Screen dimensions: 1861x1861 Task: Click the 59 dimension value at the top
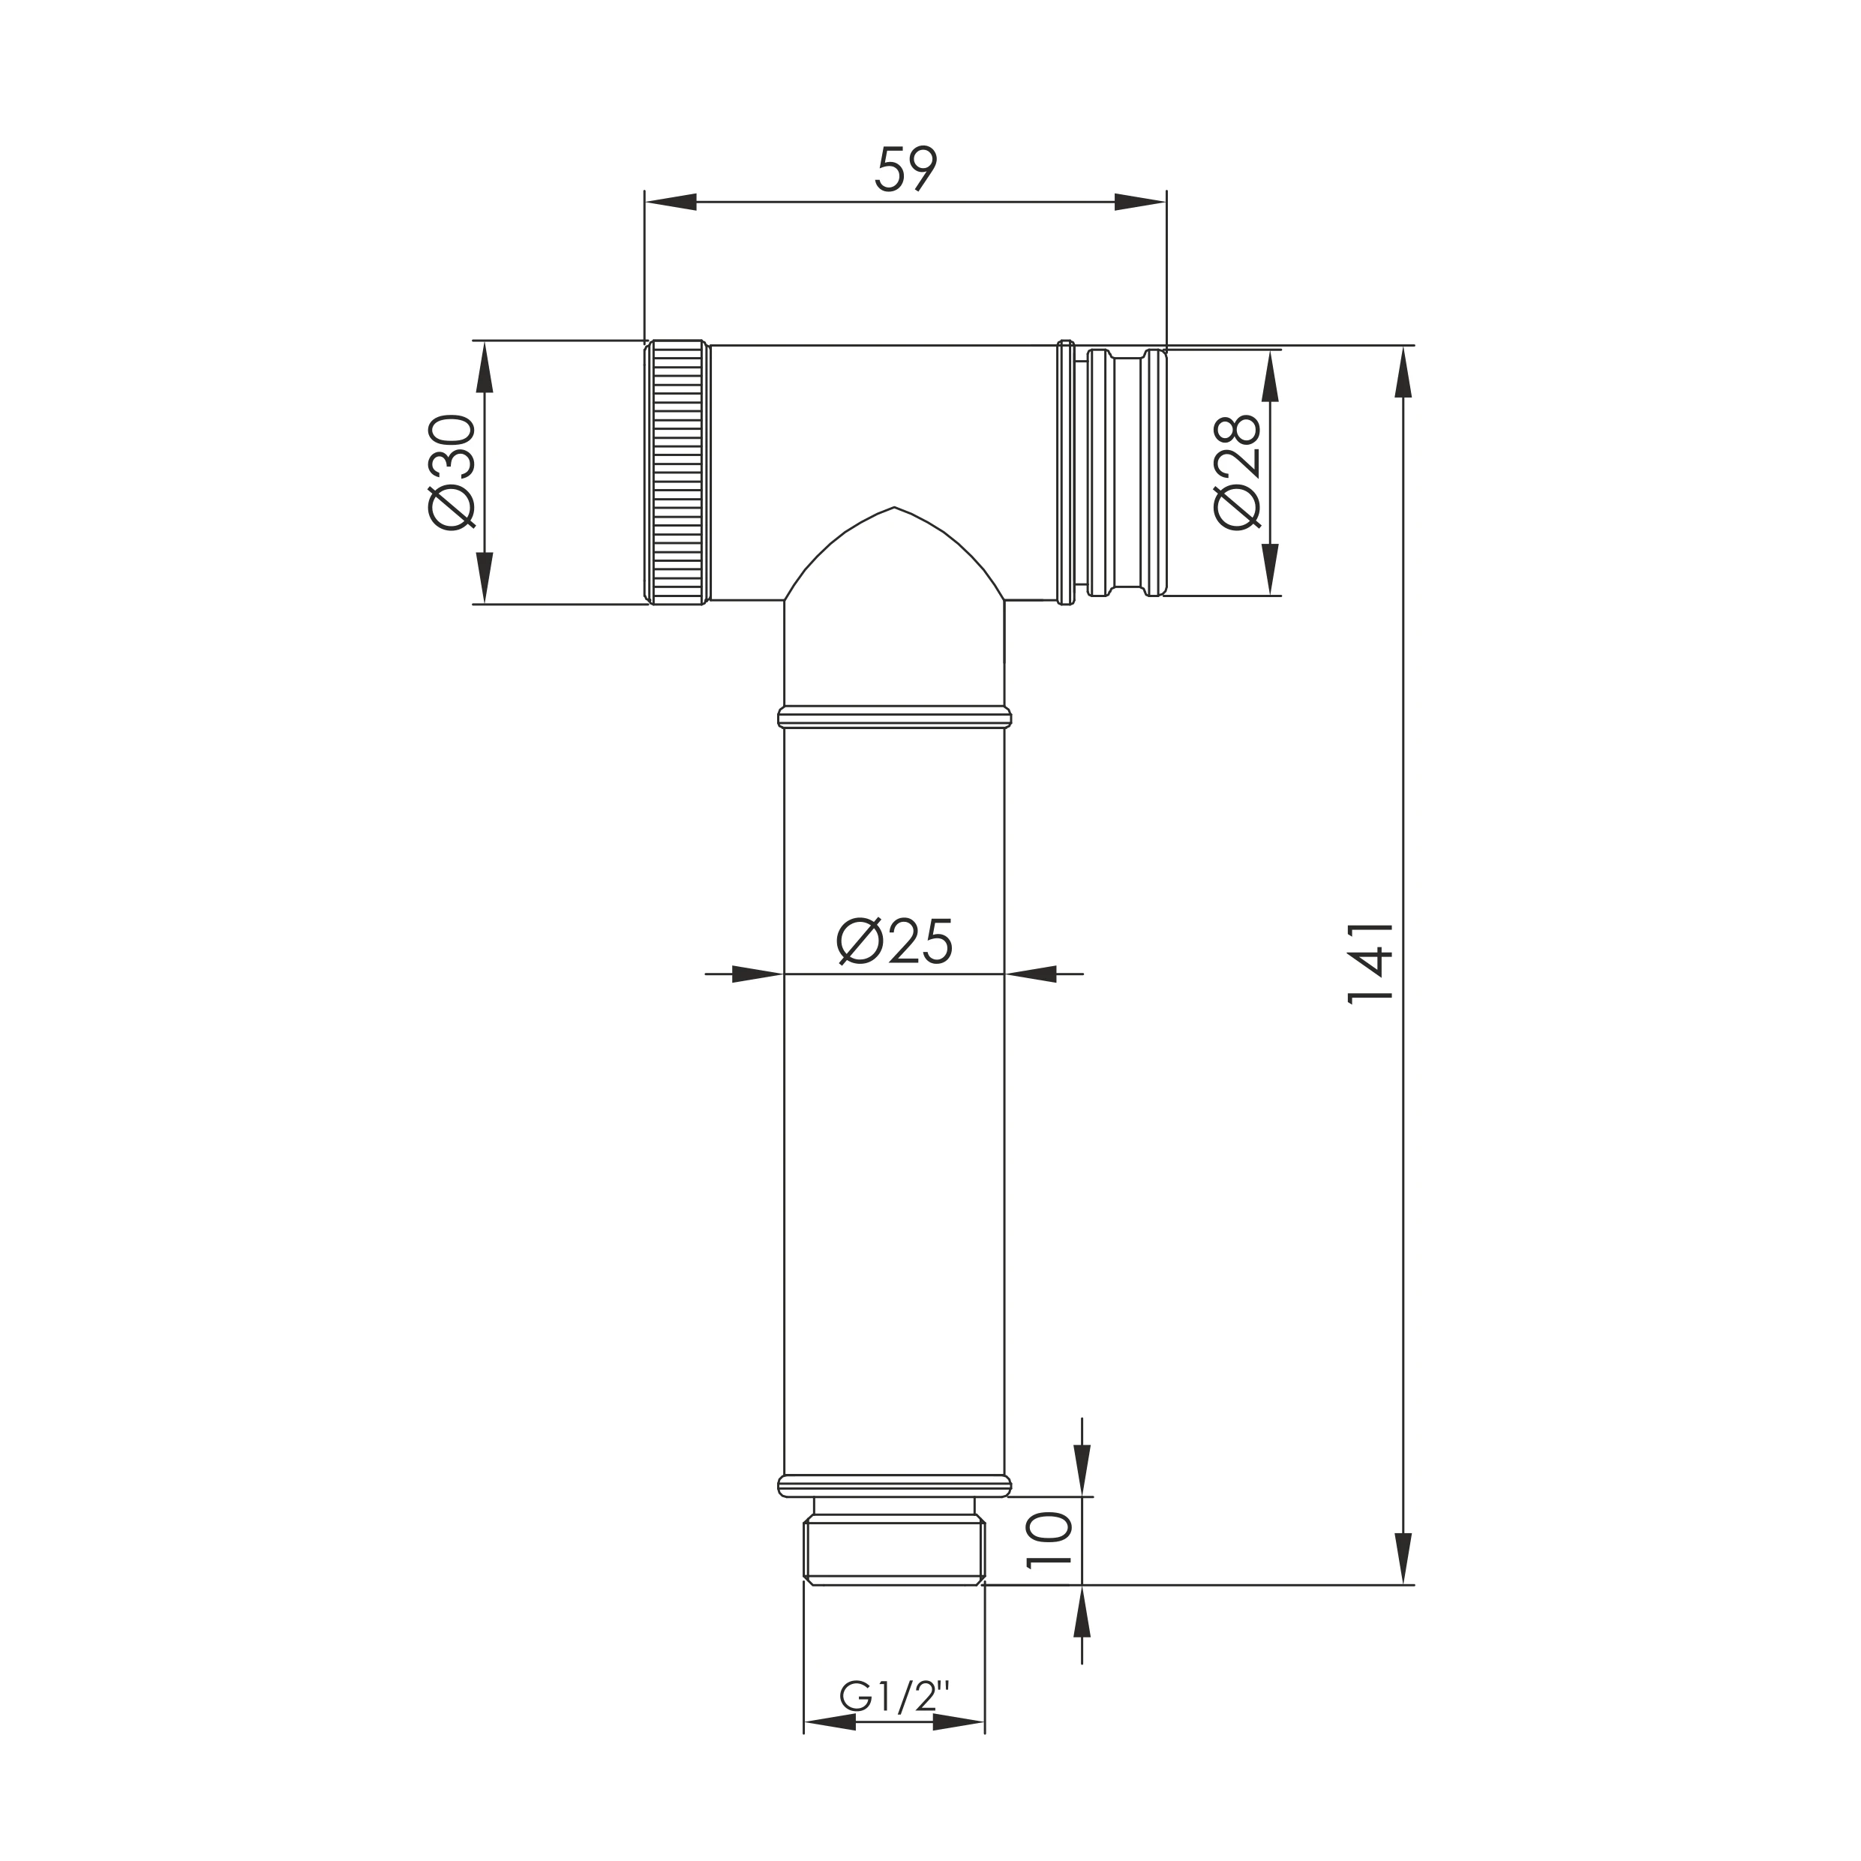pos(905,170)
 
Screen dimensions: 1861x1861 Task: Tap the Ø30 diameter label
pos(452,472)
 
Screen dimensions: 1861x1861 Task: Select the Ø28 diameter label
pos(1237,472)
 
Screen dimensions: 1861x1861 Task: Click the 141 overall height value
pos(1370,963)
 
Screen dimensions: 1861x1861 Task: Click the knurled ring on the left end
pos(677,472)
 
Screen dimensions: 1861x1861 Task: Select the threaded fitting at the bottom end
pos(894,1551)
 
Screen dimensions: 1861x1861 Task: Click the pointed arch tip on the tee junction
pos(895,508)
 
